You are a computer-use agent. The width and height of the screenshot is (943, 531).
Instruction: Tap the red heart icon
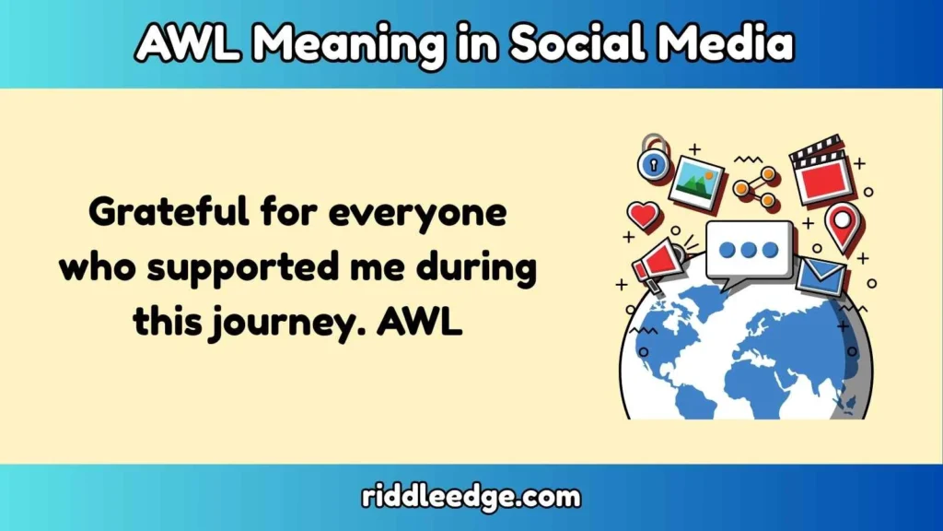click(x=644, y=217)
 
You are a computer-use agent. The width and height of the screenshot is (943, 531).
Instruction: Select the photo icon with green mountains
click(x=696, y=182)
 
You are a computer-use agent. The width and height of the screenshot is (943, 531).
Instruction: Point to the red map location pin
click(x=842, y=225)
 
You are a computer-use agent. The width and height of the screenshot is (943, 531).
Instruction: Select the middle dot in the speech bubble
click(x=748, y=250)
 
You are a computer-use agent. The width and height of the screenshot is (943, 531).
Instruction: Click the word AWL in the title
click(x=182, y=42)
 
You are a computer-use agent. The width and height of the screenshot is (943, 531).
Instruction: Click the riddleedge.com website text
click(x=471, y=497)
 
